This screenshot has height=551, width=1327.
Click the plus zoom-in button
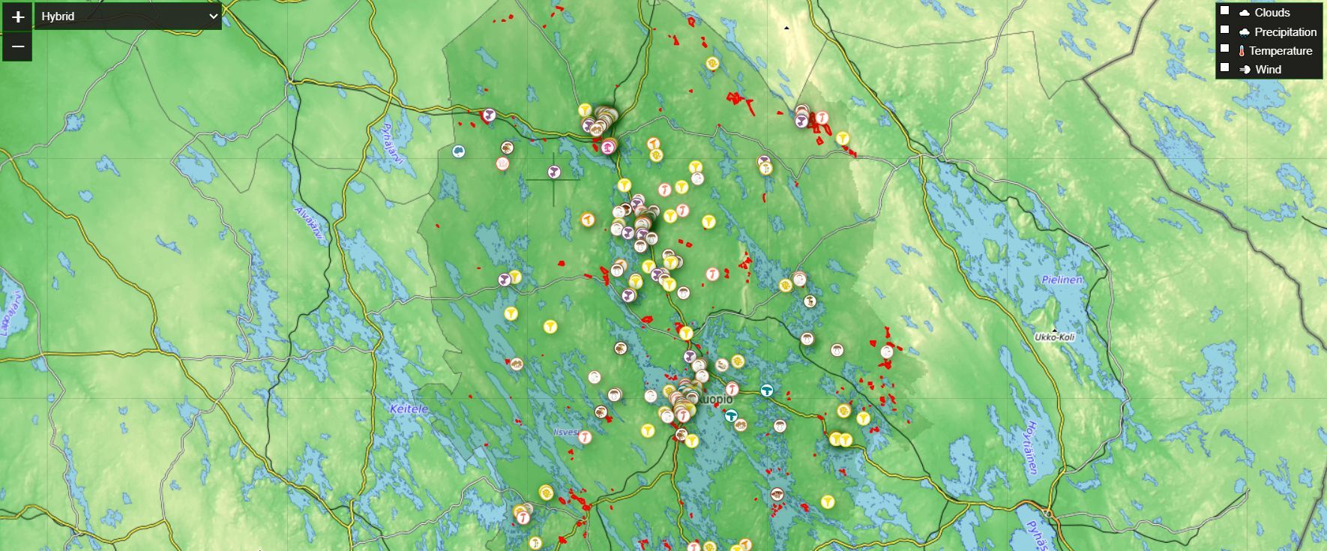pyautogui.click(x=18, y=16)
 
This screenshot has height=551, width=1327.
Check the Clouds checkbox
pyautogui.click(x=1224, y=11)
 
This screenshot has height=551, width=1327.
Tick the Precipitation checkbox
pyautogui.click(x=1224, y=30)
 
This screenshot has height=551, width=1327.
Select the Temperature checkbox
pyautogui.click(x=1224, y=49)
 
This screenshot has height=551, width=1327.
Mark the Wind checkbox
pyautogui.click(x=1224, y=67)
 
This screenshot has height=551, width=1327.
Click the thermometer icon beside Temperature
pyautogui.click(x=1242, y=51)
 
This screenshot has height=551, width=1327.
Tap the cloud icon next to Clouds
pyautogui.click(x=1245, y=13)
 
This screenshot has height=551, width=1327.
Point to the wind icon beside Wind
pyautogui.click(x=1245, y=70)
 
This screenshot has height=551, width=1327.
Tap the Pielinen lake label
pyautogui.click(x=1062, y=280)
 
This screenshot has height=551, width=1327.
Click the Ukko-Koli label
pyautogui.click(x=1055, y=337)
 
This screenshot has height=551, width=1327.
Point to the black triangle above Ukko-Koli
pyautogui.click(x=1055, y=330)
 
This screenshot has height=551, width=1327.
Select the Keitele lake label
pyautogui.click(x=409, y=409)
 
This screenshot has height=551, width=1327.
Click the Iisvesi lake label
pyautogui.click(x=566, y=432)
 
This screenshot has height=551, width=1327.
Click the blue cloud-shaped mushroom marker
pyautogui.click(x=458, y=151)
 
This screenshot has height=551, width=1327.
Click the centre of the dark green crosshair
pyautogui.click(x=554, y=179)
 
